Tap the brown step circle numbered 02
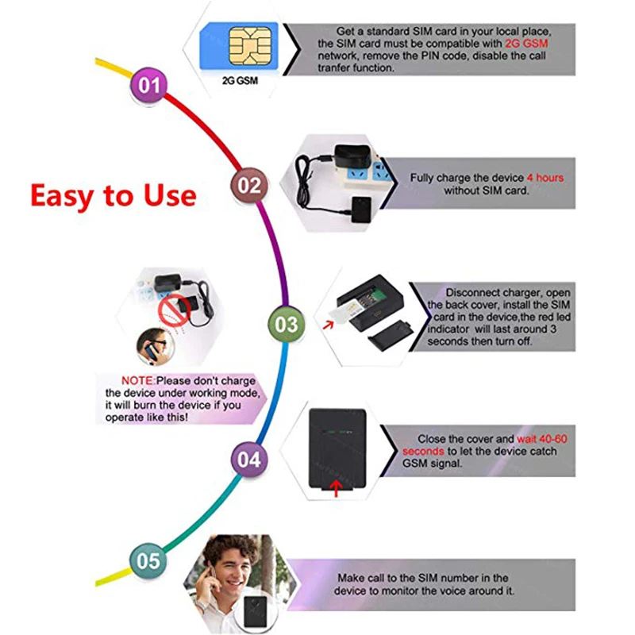point(249,185)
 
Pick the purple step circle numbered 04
point(248,460)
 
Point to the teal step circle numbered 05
point(148,560)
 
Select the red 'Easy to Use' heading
point(113,194)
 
